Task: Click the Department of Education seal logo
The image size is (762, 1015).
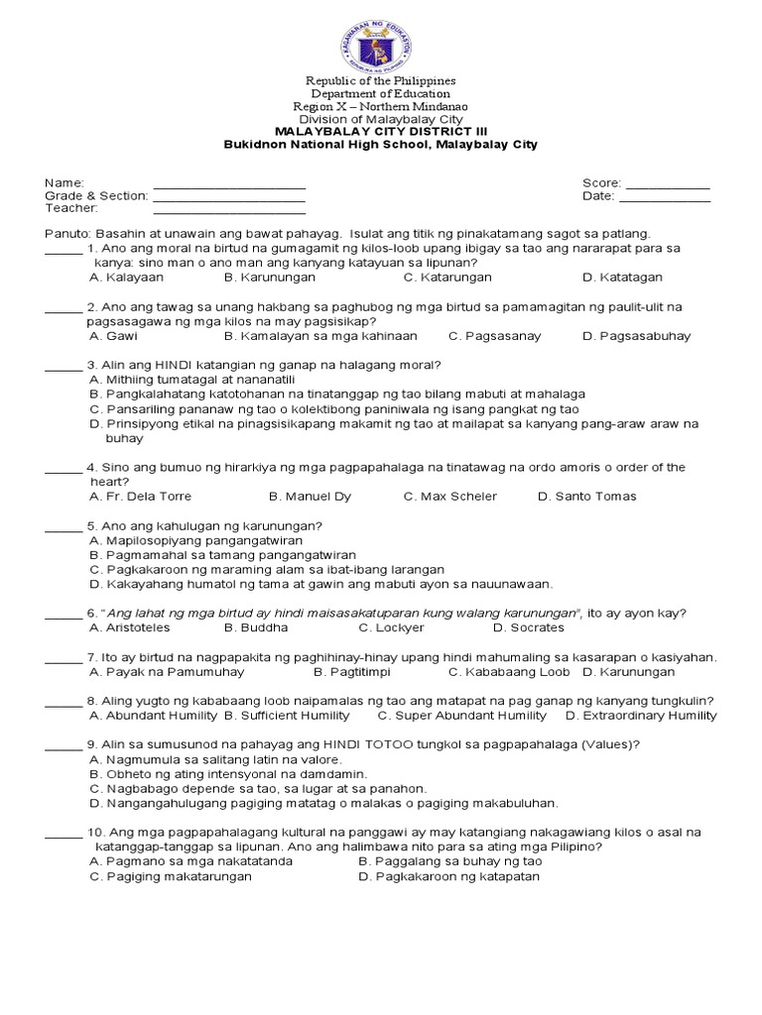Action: click(x=380, y=41)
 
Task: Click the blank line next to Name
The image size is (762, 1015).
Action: click(x=228, y=186)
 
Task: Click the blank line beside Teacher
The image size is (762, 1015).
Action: click(x=228, y=212)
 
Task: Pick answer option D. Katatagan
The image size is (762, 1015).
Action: click(x=622, y=278)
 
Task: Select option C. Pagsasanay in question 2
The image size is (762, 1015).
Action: click(x=494, y=336)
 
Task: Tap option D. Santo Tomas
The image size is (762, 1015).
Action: click(x=586, y=496)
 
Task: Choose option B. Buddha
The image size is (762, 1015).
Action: click(x=256, y=627)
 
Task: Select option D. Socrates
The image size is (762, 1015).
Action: click(x=528, y=627)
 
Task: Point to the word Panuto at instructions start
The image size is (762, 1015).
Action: click(x=66, y=232)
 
